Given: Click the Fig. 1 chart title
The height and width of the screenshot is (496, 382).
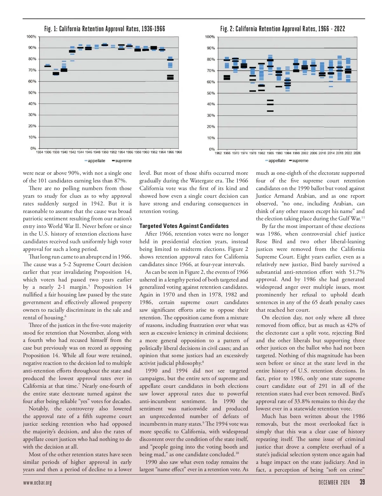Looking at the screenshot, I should click(105, 29).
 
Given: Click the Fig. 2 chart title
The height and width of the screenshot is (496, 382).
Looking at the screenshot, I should click(282, 29).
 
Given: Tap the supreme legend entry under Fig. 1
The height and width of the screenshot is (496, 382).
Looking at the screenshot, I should click(122, 161).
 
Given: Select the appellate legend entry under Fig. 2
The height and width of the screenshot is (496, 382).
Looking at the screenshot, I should click(275, 161).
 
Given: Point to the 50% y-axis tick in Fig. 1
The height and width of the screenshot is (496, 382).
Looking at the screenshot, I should click(32, 93).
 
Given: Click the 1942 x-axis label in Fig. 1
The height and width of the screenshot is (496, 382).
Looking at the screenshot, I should click(72, 152).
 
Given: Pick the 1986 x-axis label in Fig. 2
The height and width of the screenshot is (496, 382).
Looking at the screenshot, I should click(270, 153).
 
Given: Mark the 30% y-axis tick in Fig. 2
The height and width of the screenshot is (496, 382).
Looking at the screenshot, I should click(211, 116).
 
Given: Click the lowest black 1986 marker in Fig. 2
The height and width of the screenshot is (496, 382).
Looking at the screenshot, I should click(270, 111).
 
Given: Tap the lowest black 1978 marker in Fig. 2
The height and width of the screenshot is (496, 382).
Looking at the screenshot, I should click(252, 91).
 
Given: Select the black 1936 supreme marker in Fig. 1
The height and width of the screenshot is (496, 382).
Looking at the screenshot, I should click(47, 66).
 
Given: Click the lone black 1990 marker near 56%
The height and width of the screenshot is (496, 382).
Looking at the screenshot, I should click(279, 87).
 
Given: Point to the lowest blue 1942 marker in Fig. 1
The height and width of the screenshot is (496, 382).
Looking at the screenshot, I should click(72, 61).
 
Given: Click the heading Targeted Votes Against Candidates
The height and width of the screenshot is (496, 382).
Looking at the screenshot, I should click(184, 226).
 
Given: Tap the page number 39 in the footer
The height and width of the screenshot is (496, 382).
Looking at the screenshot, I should click(362, 482).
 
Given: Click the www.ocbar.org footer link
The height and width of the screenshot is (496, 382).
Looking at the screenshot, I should click(37, 483).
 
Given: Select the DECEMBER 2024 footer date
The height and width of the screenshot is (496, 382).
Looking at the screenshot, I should click(334, 483).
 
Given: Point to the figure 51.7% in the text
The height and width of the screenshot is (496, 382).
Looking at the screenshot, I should click(357, 272).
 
